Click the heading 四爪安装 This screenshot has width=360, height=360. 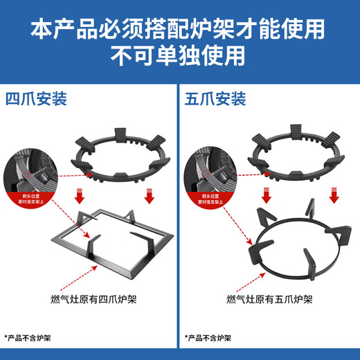click(36, 99)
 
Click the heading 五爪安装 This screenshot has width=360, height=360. click(215, 99)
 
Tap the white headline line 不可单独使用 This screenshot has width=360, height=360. click(179, 53)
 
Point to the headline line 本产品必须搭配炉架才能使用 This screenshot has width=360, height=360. click(179, 28)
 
